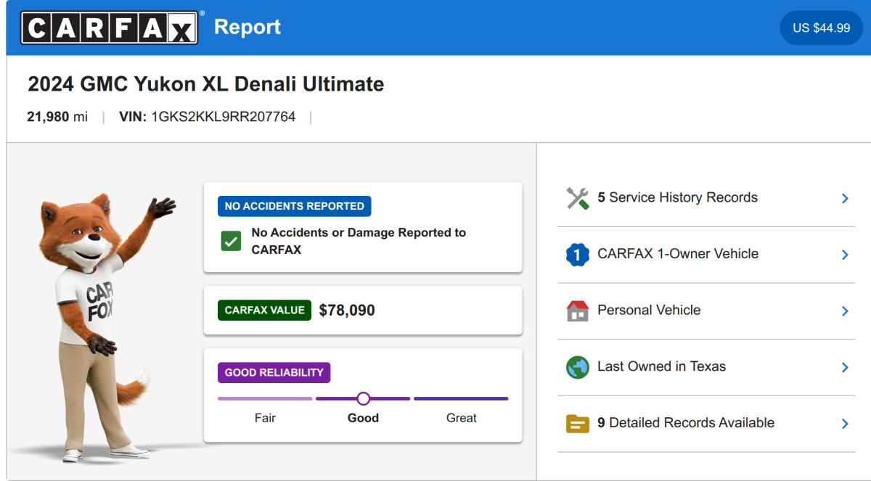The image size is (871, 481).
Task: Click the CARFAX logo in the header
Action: click(110, 28)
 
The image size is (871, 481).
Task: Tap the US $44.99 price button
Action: click(821, 28)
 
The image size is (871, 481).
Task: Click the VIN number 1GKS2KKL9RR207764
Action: click(224, 117)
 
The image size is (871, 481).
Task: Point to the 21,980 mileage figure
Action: click(48, 117)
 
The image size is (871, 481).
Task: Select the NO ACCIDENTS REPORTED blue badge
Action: click(295, 206)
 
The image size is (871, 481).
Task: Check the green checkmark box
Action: click(231, 241)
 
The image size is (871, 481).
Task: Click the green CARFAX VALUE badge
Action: click(264, 310)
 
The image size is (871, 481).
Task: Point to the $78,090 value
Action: click(347, 310)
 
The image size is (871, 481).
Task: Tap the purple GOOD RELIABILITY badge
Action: click(274, 372)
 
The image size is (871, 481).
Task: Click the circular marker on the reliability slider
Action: click(363, 398)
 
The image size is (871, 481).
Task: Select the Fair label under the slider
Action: click(265, 418)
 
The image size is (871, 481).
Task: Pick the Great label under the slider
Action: click(461, 418)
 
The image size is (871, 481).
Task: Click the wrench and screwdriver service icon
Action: click(578, 198)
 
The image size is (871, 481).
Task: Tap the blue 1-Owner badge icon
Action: click(578, 255)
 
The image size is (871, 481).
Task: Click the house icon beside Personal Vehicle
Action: click(578, 311)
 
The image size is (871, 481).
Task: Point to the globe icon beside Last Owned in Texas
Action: click(578, 367)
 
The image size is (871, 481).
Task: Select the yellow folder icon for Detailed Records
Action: click(578, 424)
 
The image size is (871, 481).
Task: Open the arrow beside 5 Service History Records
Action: click(845, 199)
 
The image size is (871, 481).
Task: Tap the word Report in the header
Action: click(248, 27)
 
